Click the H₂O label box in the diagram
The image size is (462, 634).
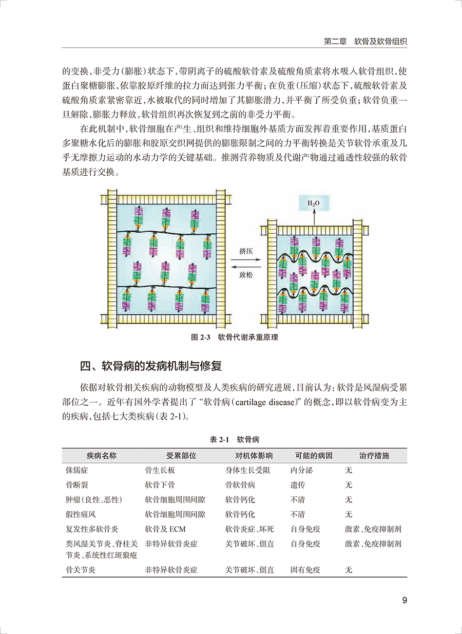313,203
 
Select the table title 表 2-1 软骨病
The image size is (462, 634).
235,440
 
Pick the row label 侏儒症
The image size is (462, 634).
77,470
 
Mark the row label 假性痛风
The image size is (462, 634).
81,514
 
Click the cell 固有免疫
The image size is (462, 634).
305,570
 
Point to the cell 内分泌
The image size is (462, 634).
302,470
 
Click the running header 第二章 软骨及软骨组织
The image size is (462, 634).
366,41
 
